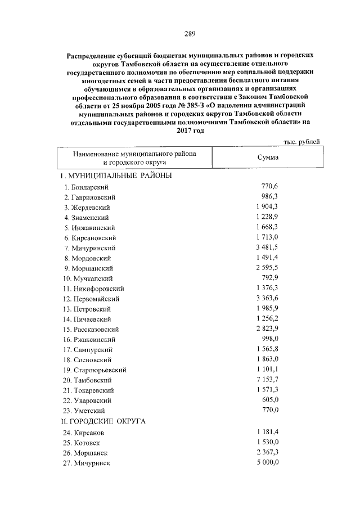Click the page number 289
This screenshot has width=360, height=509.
point(189,34)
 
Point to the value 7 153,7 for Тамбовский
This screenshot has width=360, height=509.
point(267,380)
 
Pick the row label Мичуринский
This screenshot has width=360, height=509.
point(93,248)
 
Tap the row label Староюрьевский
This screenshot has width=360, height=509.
point(98,370)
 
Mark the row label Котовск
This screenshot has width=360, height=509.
point(87,443)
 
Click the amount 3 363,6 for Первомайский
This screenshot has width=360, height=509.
point(267,299)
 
